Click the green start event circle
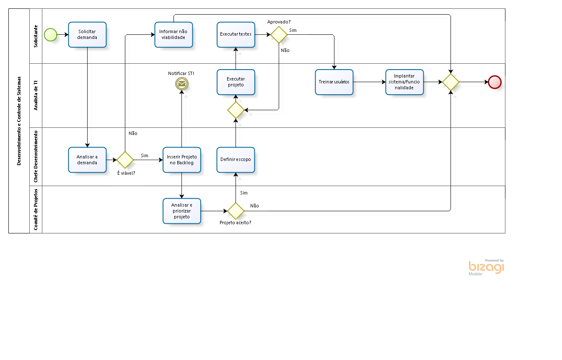[50, 35]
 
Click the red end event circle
[495, 82]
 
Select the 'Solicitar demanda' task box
[87, 35]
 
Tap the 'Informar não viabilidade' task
[174, 35]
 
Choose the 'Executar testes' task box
[236, 34]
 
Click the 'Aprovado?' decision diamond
[279, 35]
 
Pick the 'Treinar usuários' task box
[334, 82]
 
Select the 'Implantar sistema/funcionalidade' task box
[404, 82]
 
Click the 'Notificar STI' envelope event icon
[181, 84]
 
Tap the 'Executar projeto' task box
[236, 82]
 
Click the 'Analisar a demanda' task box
[87, 160]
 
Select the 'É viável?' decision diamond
[125, 160]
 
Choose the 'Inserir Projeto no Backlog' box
[181, 160]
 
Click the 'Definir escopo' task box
[236, 160]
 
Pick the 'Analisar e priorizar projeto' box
[181, 211]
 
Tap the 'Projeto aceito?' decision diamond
[236, 211]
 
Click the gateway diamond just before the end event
[451, 82]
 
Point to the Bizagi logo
[486, 267]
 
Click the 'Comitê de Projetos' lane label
[36, 209]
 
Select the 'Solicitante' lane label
[36, 36]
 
